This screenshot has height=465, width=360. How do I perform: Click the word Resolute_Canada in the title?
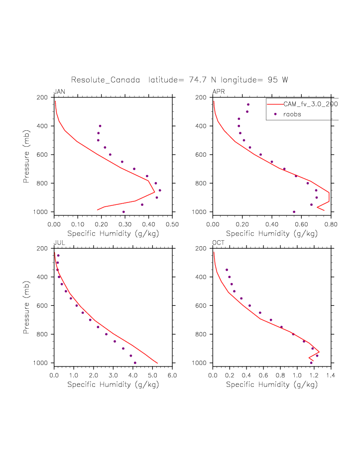click(106, 80)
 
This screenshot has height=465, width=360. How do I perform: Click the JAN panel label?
click(59, 92)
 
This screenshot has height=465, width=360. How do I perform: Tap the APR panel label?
click(219, 92)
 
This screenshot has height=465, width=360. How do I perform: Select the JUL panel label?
click(59, 242)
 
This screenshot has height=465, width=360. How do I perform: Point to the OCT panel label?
click(219, 242)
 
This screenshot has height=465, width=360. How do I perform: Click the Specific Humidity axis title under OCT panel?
click(271, 384)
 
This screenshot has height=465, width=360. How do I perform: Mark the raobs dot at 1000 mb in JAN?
click(124, 212)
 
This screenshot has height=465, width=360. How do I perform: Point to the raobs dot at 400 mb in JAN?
click(100, 126)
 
